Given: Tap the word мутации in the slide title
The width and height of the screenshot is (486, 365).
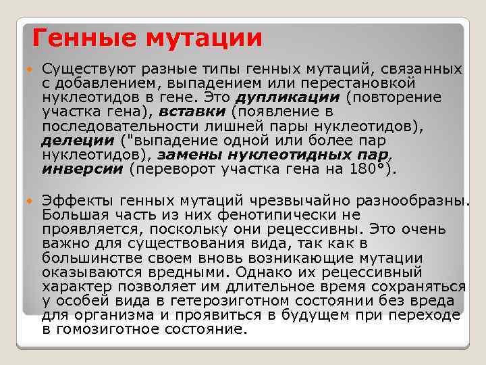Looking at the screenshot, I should coord(201,38).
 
